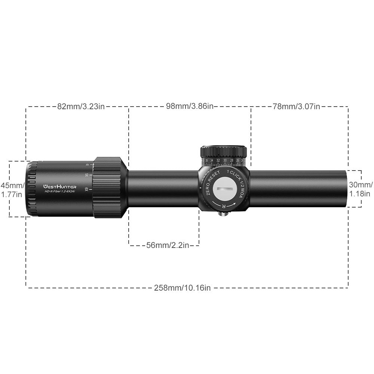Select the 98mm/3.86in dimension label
[190, 106]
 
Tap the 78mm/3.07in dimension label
[296, 106]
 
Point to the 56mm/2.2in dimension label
[167, 245]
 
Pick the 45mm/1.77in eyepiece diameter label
[12, 190]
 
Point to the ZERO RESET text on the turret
[209, 182]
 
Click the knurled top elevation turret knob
[224, 151]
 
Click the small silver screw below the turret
[224, 215]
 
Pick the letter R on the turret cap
[224, 206]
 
